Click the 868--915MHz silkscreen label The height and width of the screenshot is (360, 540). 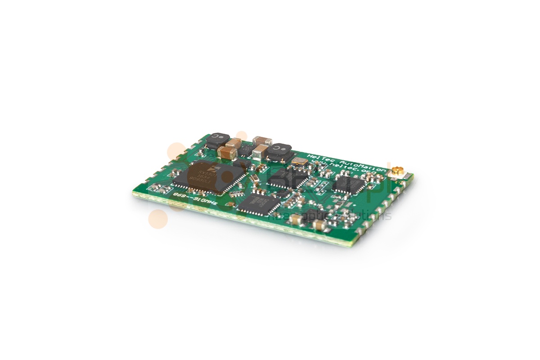(x=196, y=200)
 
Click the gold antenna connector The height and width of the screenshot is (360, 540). (x=396, y=171)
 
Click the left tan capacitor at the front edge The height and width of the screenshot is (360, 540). (x=296, y=219)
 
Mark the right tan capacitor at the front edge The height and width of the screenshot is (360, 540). (x=320, y=225)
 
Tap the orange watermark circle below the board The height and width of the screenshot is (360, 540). (x=158, y=219)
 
